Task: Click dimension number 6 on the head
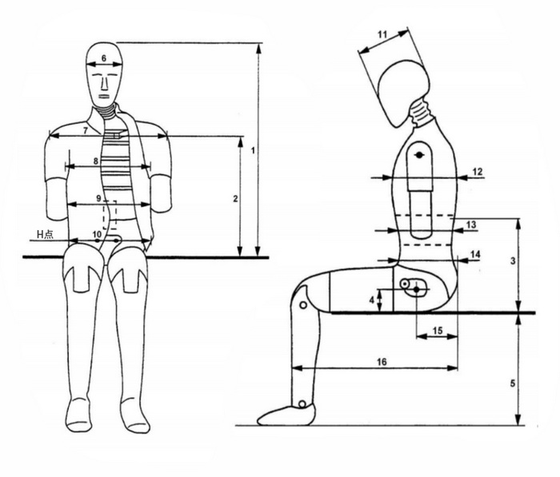[x=104, y=58]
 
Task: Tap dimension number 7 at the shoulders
[x=86, y=130]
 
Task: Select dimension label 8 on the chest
[x=95, y=161]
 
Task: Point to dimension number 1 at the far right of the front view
[x=253, y=150]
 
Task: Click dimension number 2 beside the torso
[x=235, y=199]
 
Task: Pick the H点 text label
[x=46, y=234]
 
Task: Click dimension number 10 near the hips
[x=97, y=234]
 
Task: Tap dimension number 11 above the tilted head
[x=382, y=34]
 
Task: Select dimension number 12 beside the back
[x=478, y=172]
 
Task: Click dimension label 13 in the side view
[x=471, y=225]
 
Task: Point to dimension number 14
[x=475, y=254]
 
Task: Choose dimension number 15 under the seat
[x=438, y=331]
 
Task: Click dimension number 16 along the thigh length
[x=382, y=362]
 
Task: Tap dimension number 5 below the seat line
[x=513, y=384]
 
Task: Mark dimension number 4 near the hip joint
[x=372, y=300]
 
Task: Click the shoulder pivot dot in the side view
[x=418, y=155]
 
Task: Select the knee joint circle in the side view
[x=303, y=305]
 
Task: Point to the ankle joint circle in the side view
[x=302, y=404]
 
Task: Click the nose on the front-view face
[x=103, y=83]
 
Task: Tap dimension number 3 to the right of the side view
[x=513, y=260]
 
